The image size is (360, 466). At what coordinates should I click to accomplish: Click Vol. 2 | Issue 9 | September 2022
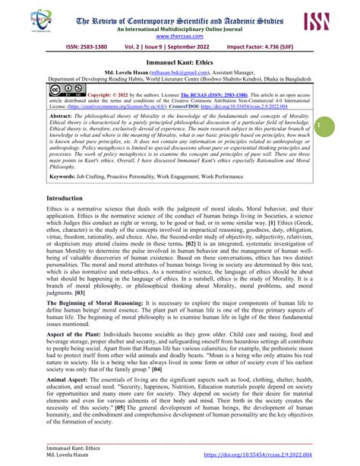179,47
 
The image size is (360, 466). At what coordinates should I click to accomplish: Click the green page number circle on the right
343,125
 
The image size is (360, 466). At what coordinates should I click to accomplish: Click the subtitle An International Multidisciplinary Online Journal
179,26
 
